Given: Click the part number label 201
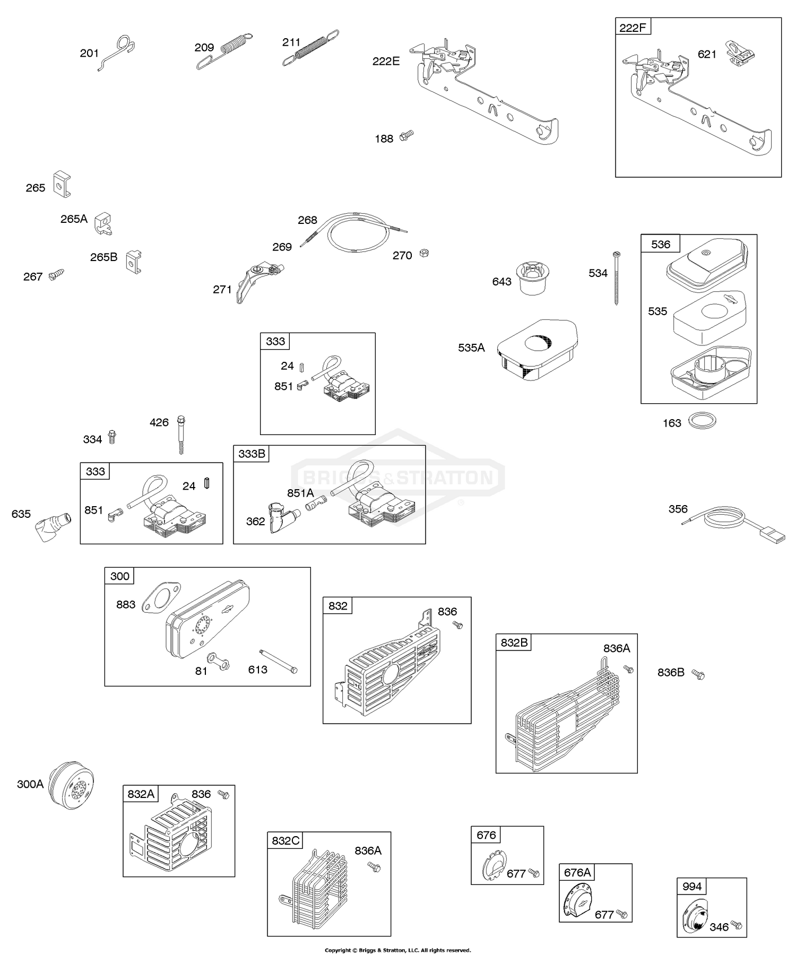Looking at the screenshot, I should click(x=89, y=53).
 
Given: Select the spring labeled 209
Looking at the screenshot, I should click(x=224, y=51).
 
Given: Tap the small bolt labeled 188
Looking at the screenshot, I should click(x=406, y=135).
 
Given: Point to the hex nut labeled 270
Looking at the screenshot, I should click(x=423, y=253).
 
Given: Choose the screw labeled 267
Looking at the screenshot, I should click(x=55, y=274).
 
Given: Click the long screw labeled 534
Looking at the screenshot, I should click(x=616, y=278).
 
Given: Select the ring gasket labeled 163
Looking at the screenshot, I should click(x=702, y=422).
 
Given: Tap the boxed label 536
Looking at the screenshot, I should click(x=661, y=245).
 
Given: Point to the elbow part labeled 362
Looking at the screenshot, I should click(x=281, y=517).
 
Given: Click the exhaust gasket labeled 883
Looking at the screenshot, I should click(x=162, y=597).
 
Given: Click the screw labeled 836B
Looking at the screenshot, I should click(x=698, y=674).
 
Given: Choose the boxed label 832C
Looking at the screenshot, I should click(x=285, y=841).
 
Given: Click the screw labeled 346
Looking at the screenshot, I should click(x=736, y=924).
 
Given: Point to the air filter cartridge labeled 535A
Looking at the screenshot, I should click(x=537, y=350).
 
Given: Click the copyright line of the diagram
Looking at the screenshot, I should click(x=397, y=950).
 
